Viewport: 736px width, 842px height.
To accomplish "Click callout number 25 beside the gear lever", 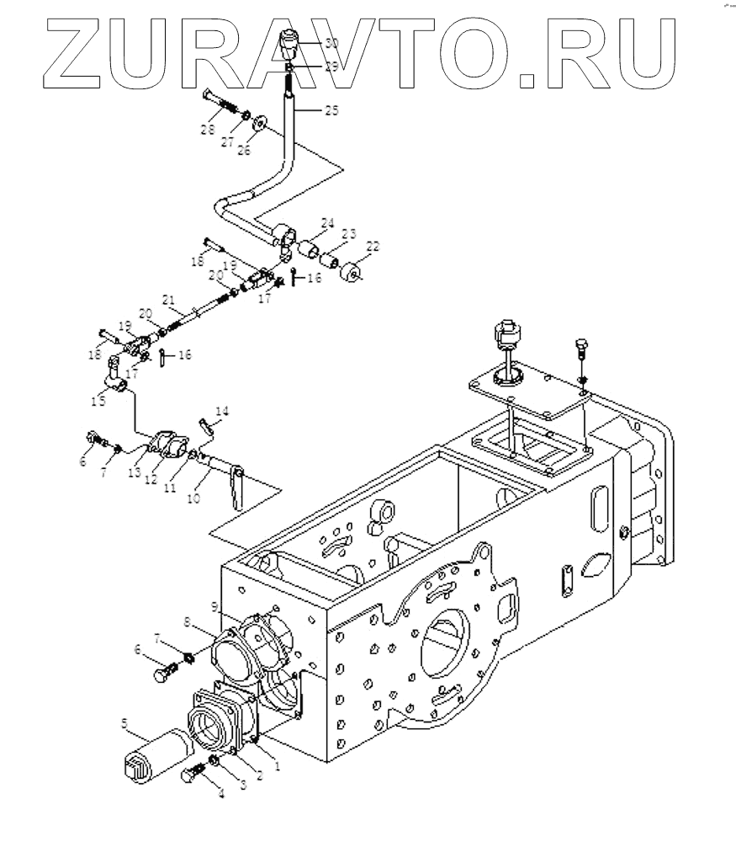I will tap(332, 110).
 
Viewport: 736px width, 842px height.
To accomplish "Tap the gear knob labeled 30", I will tap(289, 41).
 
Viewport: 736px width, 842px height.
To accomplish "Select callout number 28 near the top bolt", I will tap(209, 130).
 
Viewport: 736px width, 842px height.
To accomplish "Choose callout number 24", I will tap(326, 224).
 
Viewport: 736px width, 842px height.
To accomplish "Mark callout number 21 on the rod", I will tap(168, 301).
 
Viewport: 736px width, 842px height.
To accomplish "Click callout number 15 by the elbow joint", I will tap(99, 402).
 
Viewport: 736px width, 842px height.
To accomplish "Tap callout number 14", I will tap(221, 411).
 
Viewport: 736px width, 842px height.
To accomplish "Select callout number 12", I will tap(152, 480).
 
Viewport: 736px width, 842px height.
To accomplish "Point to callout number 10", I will tap(193, 498).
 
